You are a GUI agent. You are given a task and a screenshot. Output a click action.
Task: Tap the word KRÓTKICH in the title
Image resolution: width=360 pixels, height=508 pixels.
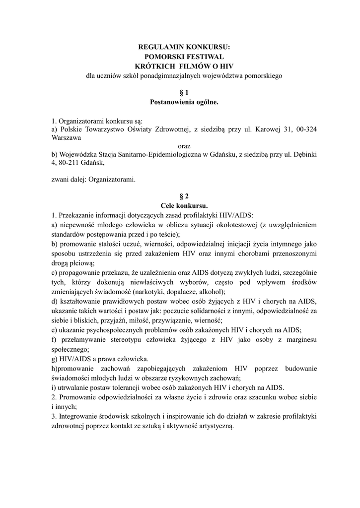pos(155,66)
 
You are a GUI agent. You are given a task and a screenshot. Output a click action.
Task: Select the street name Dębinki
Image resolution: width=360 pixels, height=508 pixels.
pos(304,156)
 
